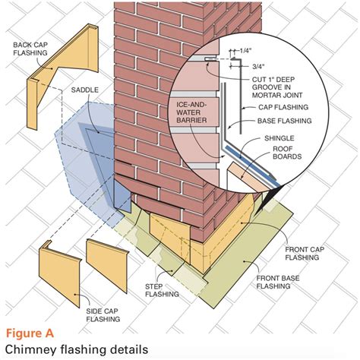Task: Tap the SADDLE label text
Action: (85, 89)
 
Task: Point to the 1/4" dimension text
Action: (245, 50)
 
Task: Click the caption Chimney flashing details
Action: (72, 349)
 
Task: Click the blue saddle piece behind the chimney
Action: (84, 148)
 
